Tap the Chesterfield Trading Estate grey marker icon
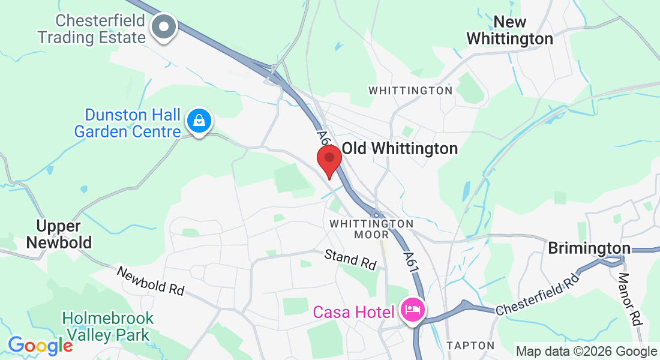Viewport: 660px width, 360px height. (163, 27)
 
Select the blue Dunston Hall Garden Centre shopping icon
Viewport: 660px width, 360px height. (199, 121)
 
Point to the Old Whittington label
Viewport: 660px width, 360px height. (400, 148)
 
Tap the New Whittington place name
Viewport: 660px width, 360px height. (509, 31)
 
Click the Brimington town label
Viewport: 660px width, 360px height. (589, 248)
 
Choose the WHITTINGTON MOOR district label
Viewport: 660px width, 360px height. (371, 229)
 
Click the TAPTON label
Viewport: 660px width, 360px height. (470, 346)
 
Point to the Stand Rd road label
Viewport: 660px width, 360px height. (350, 259)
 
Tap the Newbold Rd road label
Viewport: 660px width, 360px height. (151, 280)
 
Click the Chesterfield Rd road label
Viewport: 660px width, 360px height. (538, 293)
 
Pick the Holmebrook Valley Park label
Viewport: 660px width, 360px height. (108, 326)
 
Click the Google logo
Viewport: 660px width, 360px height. (40, 346)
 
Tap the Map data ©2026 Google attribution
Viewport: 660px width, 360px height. (586, 352)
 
